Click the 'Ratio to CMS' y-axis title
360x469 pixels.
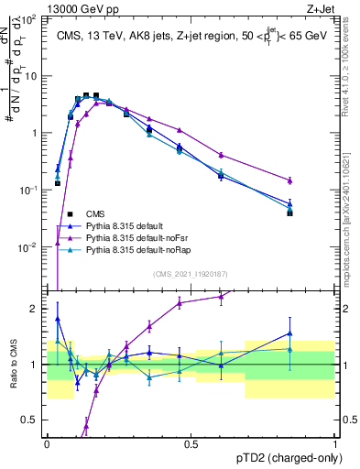12,365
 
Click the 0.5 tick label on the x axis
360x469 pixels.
191,442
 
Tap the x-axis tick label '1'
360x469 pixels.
334,442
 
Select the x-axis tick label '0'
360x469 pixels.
47,442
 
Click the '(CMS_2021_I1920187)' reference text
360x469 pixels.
191,273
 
